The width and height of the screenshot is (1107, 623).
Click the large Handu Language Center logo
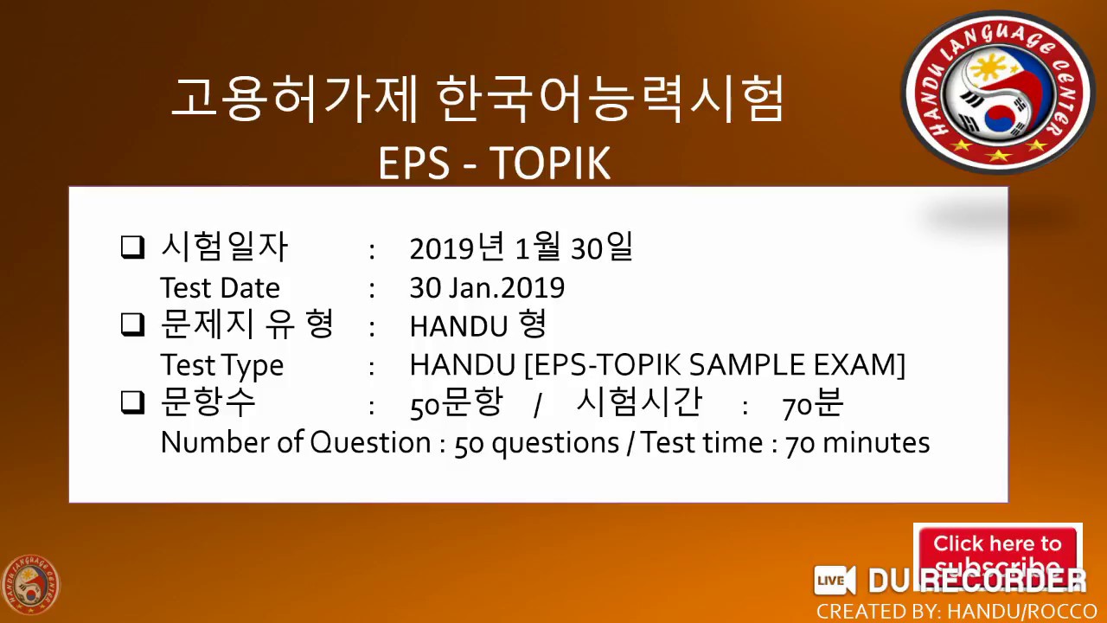pos(998,92)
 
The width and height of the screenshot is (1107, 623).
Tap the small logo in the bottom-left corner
pos(30,584)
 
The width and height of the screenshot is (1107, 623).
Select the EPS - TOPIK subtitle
pos(494,163)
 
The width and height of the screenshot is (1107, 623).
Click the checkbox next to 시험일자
pos(132,248)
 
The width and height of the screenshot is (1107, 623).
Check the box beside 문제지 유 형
pos(132,325)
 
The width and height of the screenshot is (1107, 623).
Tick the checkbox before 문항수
pos(132,402)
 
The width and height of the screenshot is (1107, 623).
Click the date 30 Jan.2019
pos(487,287)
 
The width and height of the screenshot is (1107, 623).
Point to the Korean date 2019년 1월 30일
pos(521,248)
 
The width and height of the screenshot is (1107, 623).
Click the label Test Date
pos(220,287)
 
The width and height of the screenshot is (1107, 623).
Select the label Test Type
pos(221,365)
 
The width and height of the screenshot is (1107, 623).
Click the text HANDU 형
pos(477,326)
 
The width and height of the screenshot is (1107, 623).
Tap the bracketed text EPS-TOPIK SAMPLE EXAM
pos(714,364)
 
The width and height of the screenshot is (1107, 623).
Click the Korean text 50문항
pos(456,404)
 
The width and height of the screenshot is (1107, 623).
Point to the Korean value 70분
pos(812,404)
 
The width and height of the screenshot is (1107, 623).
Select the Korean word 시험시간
pos(638,402)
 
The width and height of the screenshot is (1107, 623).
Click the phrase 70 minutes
pos(857,443)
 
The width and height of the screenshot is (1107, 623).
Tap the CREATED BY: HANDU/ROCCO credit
pos(957,611)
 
